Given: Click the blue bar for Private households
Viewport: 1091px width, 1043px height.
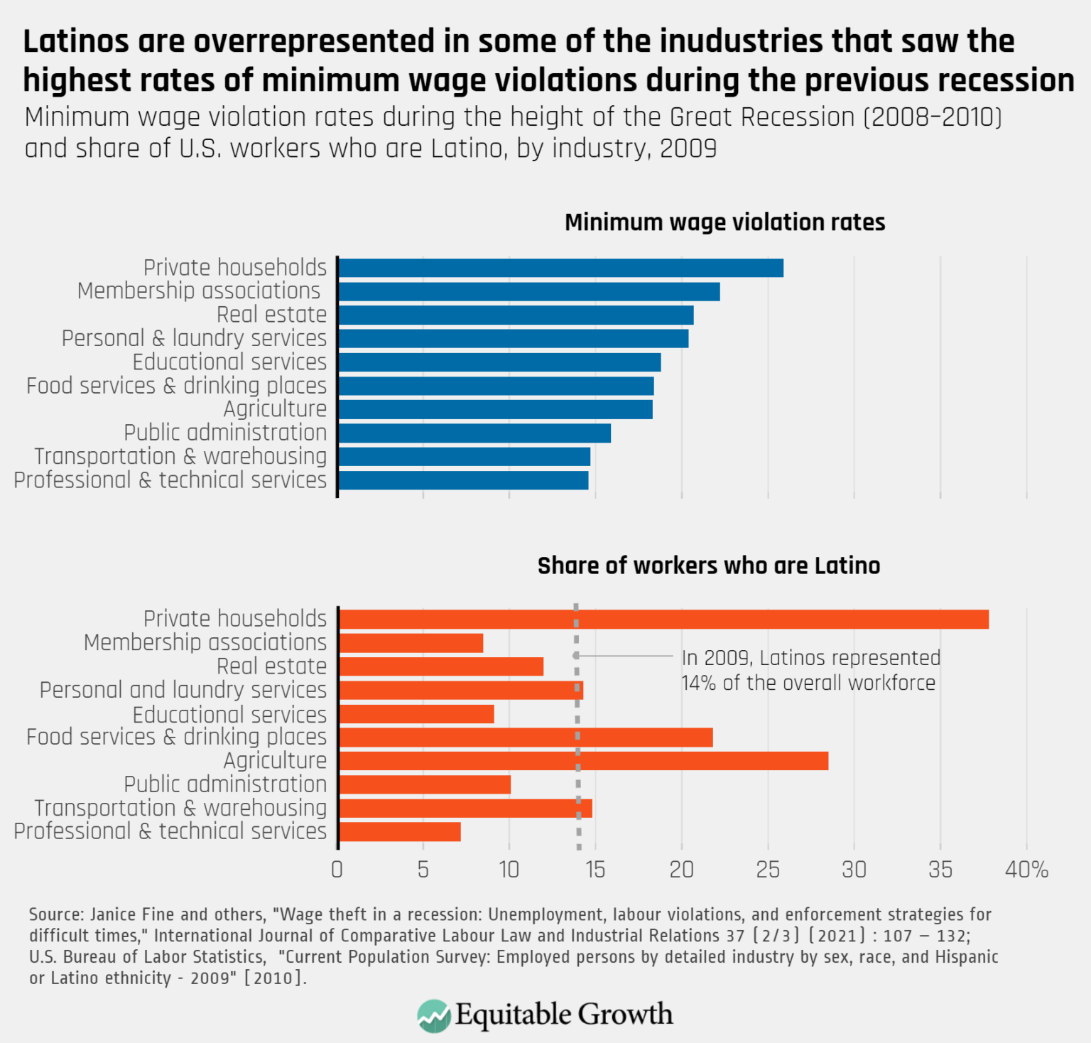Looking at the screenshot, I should (560, 268).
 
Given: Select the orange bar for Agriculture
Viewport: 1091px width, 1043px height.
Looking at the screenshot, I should (583, 761).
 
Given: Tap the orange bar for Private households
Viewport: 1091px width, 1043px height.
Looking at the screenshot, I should (663, 620).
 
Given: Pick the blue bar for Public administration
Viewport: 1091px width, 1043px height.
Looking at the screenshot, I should (474, 433).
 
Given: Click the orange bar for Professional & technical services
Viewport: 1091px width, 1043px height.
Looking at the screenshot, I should (400, 832).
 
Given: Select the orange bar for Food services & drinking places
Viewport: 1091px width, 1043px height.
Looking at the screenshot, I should (526, 737).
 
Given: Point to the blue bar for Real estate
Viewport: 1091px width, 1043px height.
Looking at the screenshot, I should (516, 315).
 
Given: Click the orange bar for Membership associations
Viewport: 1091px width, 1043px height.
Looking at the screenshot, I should (411, 644).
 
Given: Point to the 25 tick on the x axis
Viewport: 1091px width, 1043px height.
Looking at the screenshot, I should (768, 870).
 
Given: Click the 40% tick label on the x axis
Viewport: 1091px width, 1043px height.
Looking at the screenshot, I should (1026, 870).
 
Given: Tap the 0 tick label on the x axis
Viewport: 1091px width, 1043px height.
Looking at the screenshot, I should (337, 870).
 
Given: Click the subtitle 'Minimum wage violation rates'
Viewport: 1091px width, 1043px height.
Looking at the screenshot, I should (724, 222).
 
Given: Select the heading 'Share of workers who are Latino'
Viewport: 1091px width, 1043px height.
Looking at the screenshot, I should (708, 566).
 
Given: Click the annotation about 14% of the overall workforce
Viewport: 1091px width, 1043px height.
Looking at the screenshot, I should (810, 670).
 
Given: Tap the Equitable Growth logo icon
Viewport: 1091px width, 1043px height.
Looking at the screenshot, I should (434, 1015).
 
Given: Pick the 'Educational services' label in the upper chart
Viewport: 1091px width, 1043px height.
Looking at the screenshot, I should (229, 362).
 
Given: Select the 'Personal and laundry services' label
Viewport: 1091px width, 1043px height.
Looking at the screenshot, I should (183, 690).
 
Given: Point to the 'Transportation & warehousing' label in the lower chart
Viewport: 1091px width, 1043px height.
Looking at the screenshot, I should (180, 809).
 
